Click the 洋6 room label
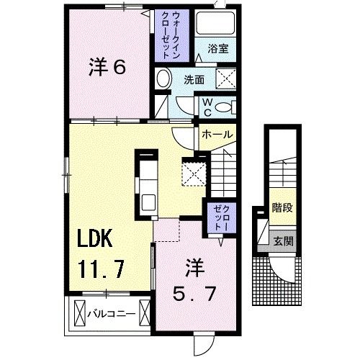pyautogui.click(x=107, y=68)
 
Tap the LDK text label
pyautogui.click(x=95, y=238)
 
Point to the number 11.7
pyautogui.click(x=102, y=269)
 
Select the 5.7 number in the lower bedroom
pyautogui.click(x=194, y=294)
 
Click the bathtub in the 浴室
pyautogui.click(x=215, y=24)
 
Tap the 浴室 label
pyautogui.click(x=218, y=49)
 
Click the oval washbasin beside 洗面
pyautogui.click(x=164, y=78)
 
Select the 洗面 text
pyautogui.click(x=194, y=80)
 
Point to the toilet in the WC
pyautogui.click(x=225, y=107)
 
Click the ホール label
pyautogui.click(x=217, y=135)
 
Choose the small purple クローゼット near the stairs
pyautogui.click(x=222, y=218)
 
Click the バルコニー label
pyautogui.click(x=112, y=314)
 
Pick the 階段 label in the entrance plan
pyautogui.click(x=282, y=207)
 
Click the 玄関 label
pyautogui.click(x=284, y=241)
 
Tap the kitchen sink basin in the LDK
pyautogui.click(x=148, y=202)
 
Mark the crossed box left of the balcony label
pyautogui.click(x=80, y=313)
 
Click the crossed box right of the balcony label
pyautogui.click(x=145, y=313)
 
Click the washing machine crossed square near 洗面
pyautogui.click(x=225, y=78)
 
